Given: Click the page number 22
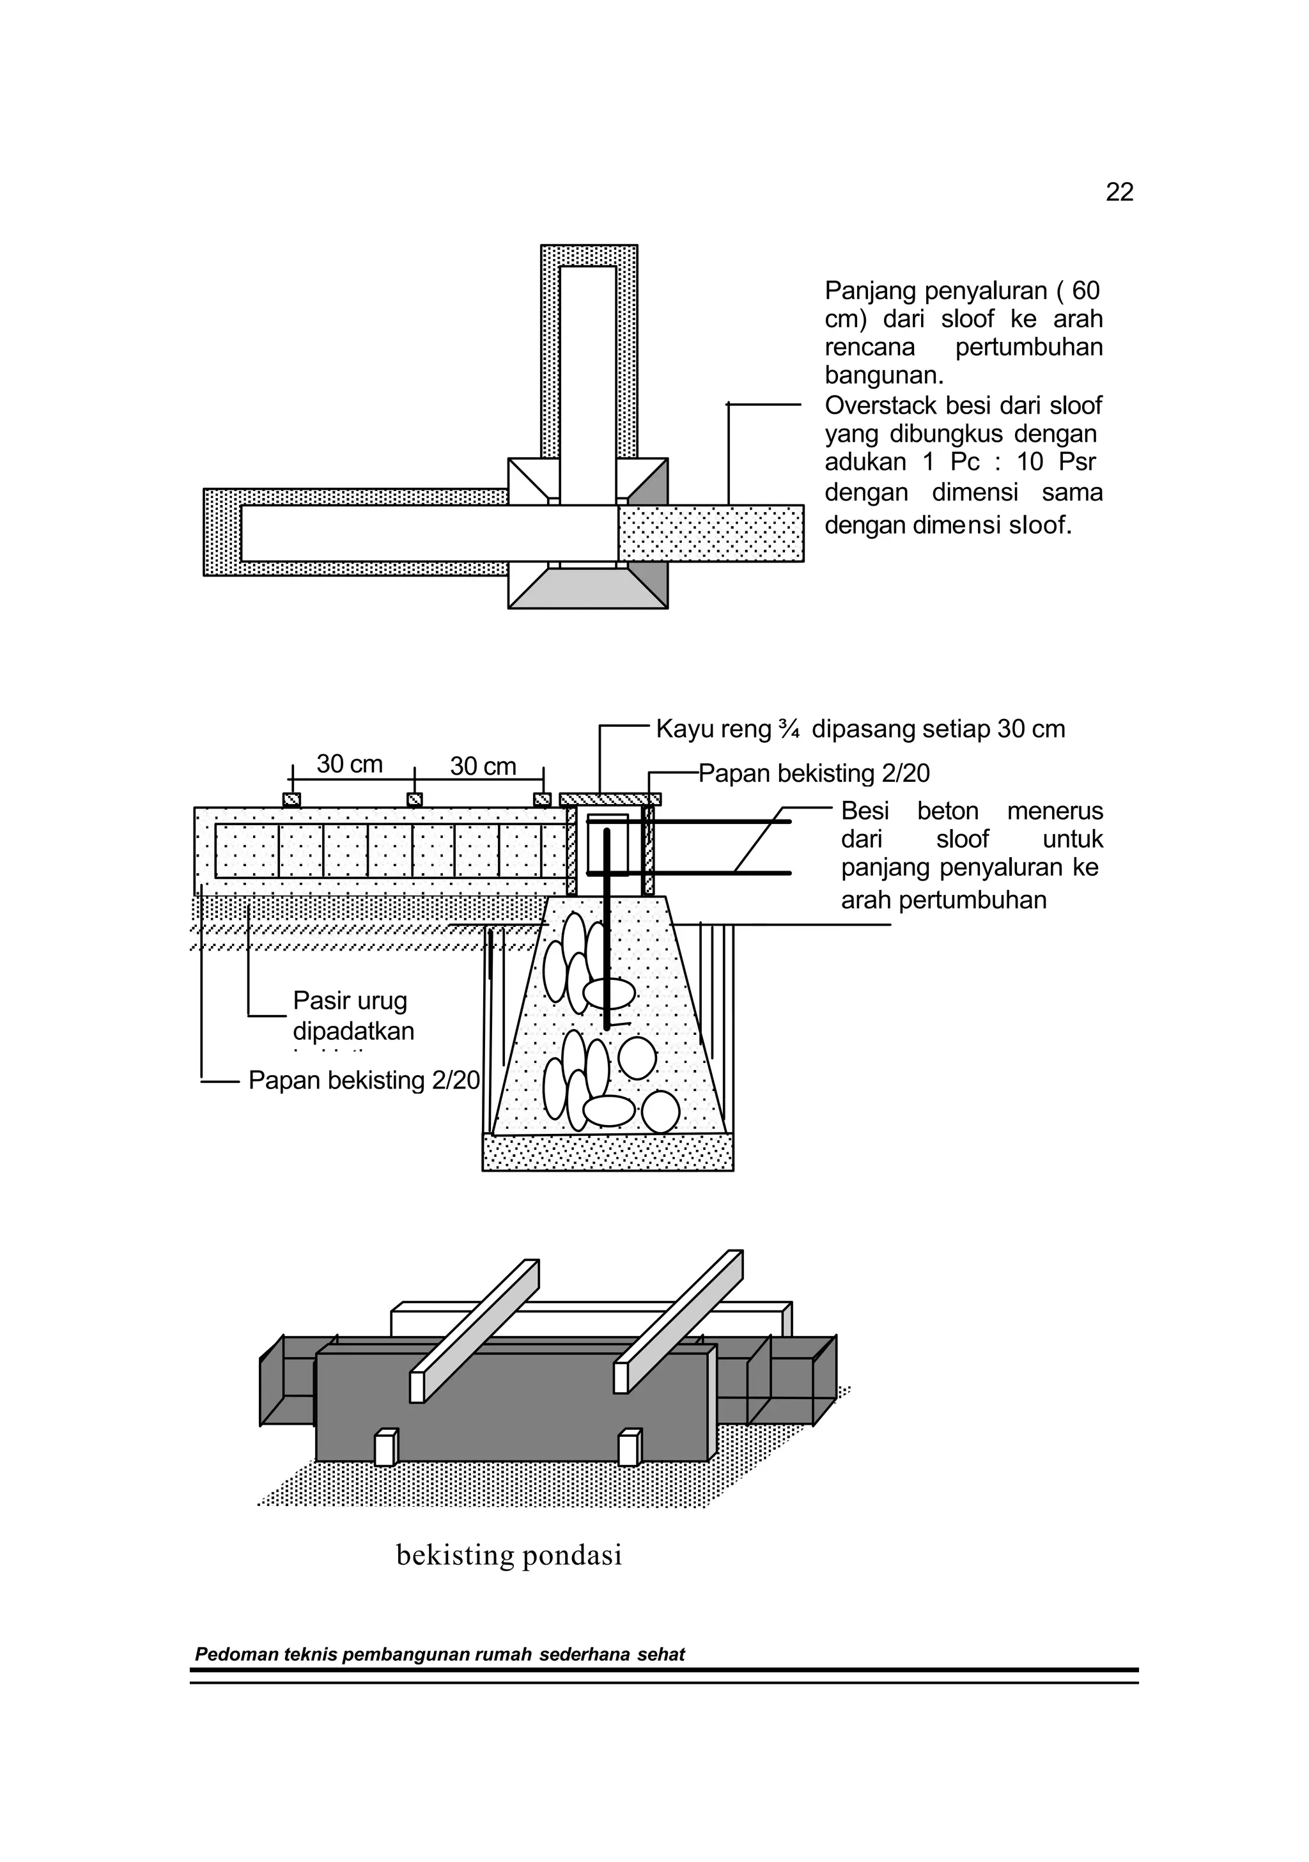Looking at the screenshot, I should [1119, 192].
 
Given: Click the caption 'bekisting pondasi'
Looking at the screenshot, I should [509, 1555].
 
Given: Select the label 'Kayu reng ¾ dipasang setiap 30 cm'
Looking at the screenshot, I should [860, 729].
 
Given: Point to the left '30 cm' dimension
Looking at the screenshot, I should [350, 764].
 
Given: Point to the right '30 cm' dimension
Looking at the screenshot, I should [483, 766].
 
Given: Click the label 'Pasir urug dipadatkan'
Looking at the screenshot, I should [353, 1015].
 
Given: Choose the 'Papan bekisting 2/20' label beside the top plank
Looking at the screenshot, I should [814, 773].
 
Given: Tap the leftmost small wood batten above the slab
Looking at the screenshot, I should [291, 800].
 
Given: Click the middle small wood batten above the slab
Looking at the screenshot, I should [414, 800].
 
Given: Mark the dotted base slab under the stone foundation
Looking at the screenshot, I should [607, 1152].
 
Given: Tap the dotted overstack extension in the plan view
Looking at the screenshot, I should [711, 533].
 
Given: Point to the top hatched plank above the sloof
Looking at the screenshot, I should [610, 799].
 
